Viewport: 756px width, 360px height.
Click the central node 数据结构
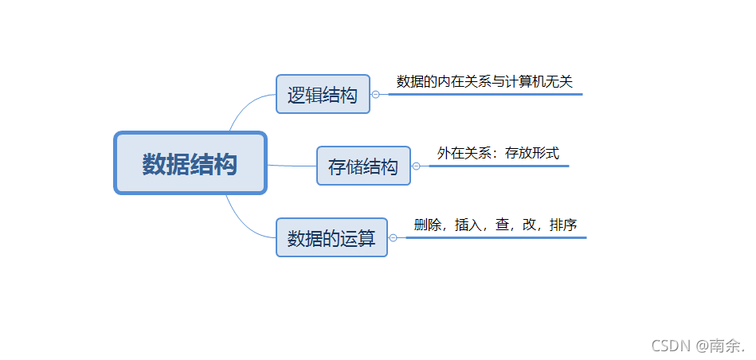(190, 163)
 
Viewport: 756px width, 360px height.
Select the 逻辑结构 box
(323, 95)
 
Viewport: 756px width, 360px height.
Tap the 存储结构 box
(363, 166)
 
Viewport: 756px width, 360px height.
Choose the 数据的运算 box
(331, 237)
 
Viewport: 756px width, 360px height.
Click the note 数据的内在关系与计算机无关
(484, 81)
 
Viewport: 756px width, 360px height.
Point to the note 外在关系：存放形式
(498, 153)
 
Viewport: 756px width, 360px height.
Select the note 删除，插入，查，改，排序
(496, 225)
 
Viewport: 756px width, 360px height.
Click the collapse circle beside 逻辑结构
(375, 94)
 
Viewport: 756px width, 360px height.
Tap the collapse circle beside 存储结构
(416, 166)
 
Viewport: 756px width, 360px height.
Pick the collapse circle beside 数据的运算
(393, 237)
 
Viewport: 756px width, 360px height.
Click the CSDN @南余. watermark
(698, 345)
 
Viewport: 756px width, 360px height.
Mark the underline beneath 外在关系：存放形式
(498, 166)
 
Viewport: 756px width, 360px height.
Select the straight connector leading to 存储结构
(291, 166)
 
